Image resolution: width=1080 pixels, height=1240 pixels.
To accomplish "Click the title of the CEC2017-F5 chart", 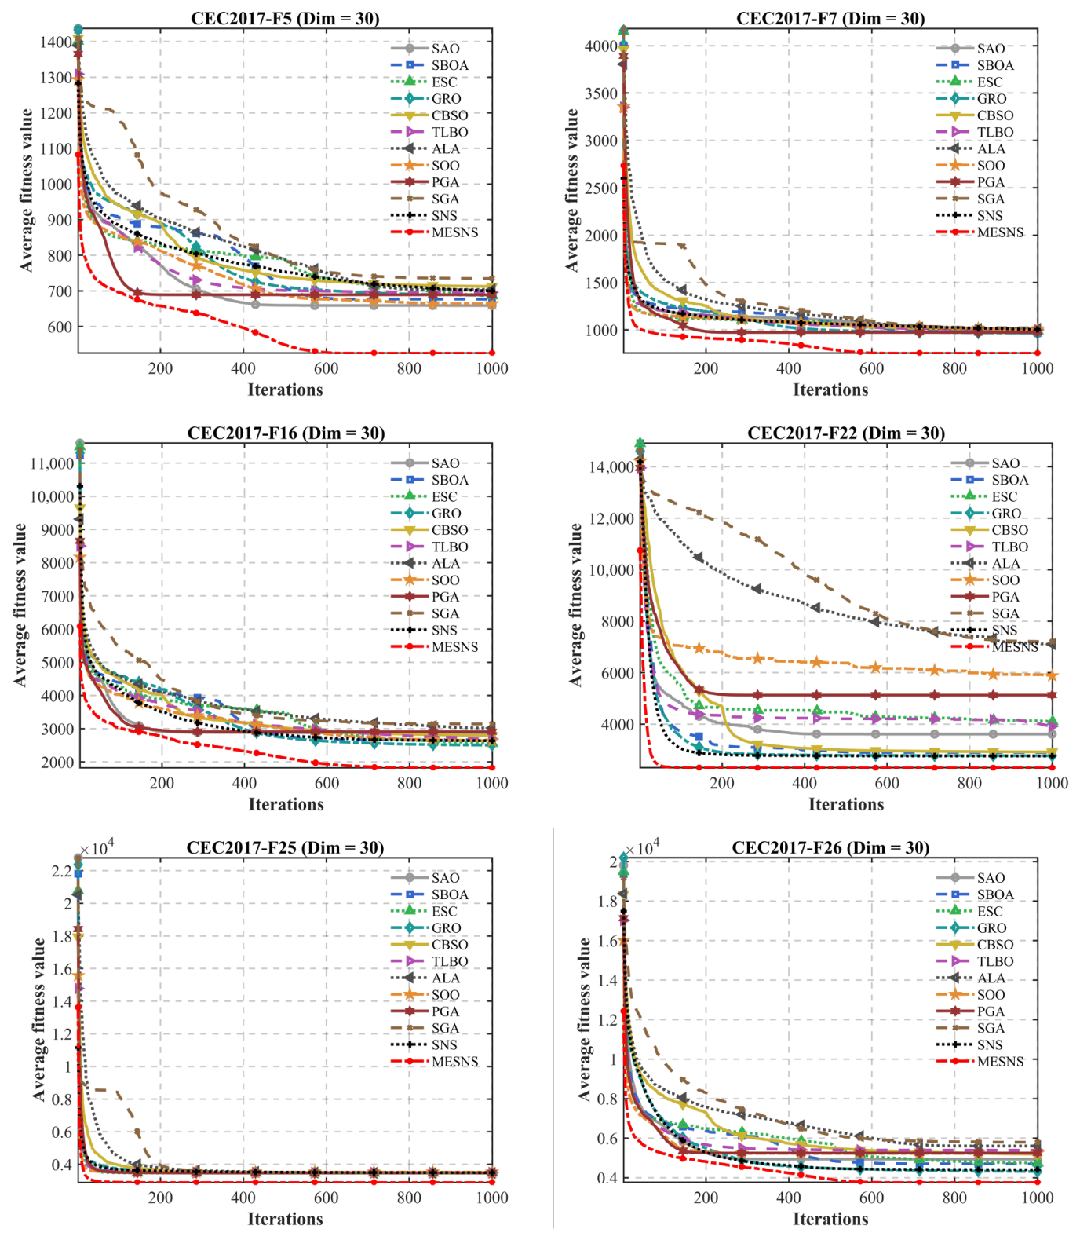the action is [285, 18].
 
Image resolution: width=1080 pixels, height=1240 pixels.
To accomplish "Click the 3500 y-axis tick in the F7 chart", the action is [601, 93].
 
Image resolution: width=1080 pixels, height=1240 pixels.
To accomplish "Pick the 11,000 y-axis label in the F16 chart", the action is [52, 463].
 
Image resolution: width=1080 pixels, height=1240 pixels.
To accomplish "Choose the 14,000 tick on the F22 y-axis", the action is [611, 467].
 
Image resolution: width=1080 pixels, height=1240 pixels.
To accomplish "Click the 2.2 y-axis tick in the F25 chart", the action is [62, 871].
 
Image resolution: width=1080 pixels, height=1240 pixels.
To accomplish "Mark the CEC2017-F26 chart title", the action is [830, 847].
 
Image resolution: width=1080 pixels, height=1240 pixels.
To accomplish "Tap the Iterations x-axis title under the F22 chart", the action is [846, 804].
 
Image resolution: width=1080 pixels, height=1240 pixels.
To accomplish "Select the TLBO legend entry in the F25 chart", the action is [430, 961].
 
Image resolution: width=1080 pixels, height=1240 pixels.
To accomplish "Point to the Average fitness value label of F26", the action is [585, 1019].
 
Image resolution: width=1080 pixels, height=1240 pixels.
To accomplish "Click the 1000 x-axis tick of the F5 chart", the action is [492, 368].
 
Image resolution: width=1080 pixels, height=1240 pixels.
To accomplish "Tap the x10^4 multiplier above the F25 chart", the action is [98, 848].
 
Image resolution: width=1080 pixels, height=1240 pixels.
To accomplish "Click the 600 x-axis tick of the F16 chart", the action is [327, 783].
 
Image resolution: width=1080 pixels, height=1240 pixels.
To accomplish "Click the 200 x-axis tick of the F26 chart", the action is [706, 1198].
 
